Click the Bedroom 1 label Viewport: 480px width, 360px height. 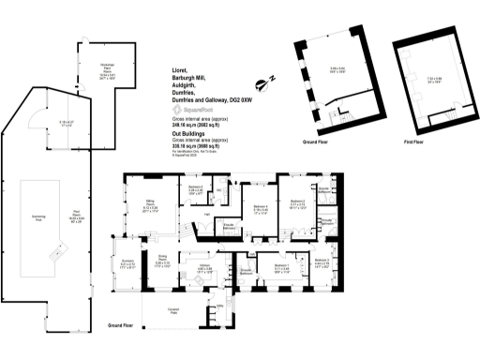pyautogui.click(x=280, y=264)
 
